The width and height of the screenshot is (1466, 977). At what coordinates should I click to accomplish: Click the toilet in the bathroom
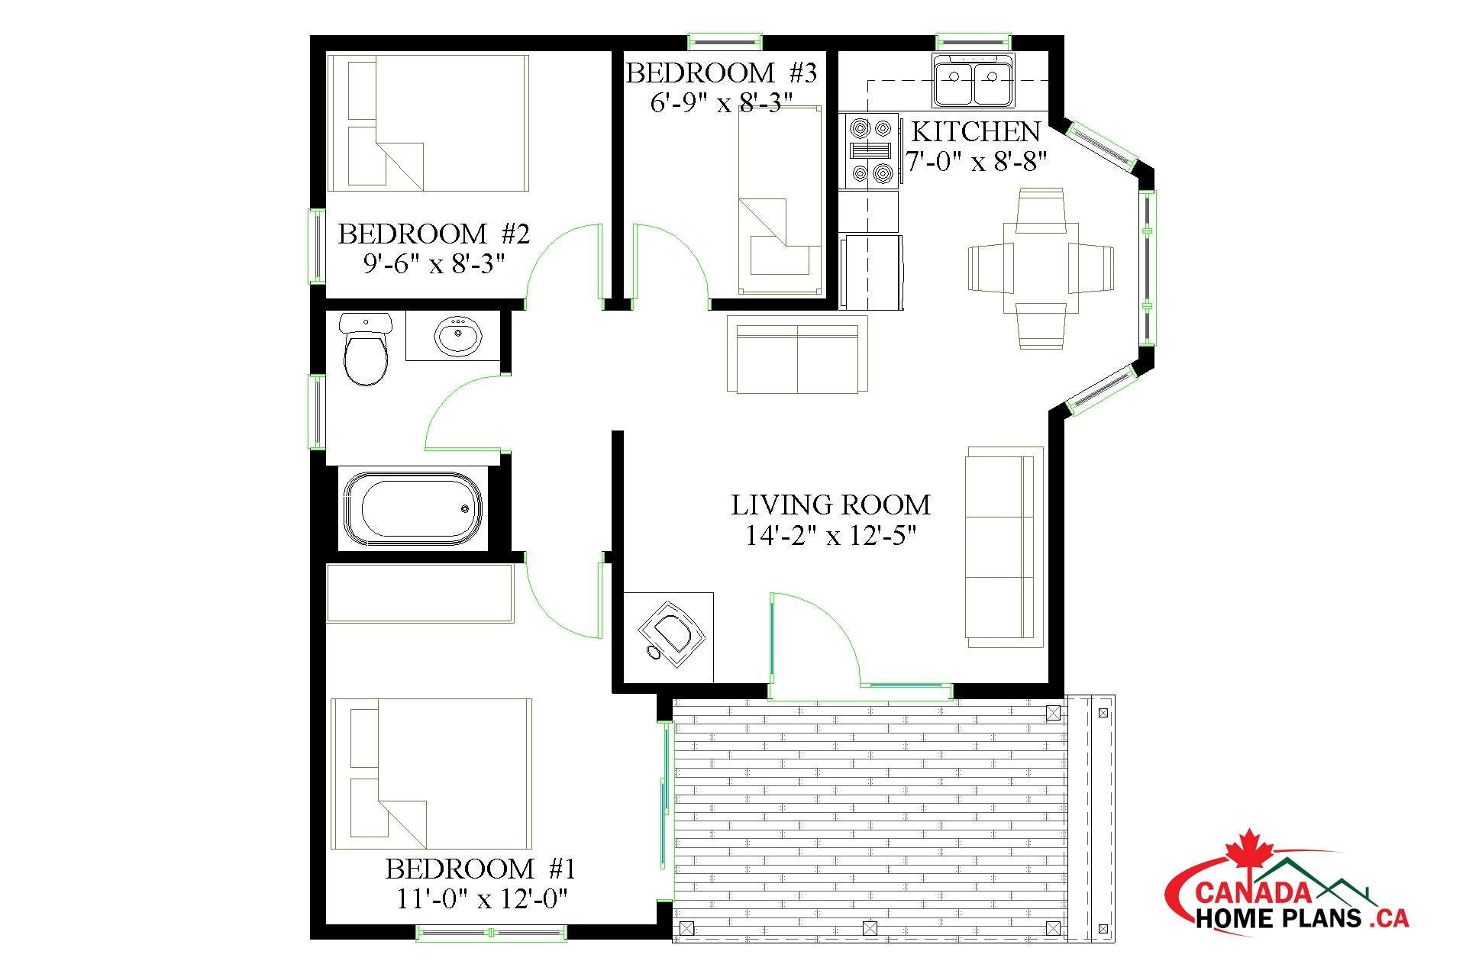pos(366,349)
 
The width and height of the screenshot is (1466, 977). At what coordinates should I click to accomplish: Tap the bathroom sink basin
pos(457,336)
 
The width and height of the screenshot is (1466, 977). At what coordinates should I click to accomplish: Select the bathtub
pos(413,508)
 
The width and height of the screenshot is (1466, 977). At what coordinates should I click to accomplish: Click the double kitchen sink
pos(973,80)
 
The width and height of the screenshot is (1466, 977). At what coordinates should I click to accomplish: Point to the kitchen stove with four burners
pos(871,151)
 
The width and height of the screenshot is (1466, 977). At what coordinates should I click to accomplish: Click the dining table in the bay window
pos(1041,268)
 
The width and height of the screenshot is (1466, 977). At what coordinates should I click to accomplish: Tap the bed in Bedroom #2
pos(428,123)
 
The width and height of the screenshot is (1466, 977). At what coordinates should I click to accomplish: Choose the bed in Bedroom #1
pos(431,773)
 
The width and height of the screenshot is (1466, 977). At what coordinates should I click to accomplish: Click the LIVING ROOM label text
pos(831,505)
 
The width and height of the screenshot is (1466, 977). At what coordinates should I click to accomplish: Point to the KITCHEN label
pos(976,132)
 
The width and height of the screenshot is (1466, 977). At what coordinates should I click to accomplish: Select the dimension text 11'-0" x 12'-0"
pos(482,899)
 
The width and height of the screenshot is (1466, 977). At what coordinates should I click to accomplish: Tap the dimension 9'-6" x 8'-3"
pos(434,264)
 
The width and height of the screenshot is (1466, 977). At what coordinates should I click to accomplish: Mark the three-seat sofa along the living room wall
pos(1004,547)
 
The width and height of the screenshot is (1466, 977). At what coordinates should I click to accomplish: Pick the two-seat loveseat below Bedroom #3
pos(797,354)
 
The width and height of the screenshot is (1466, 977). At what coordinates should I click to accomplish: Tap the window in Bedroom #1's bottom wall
pos(491,933)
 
